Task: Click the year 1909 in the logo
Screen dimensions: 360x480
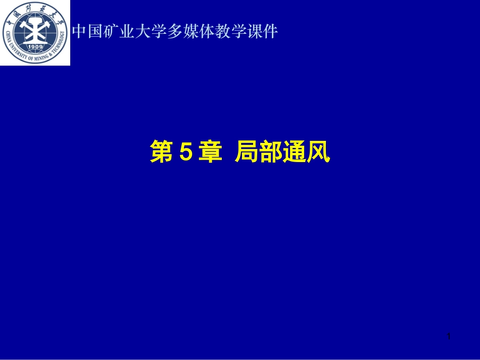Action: pos(35,47)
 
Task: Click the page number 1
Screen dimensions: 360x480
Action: pos(449,336)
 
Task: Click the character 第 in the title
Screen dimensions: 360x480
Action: pos(161,152)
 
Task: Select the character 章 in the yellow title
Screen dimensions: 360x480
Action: pos(210,152)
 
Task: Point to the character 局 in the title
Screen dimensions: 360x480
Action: pos(247,152)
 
